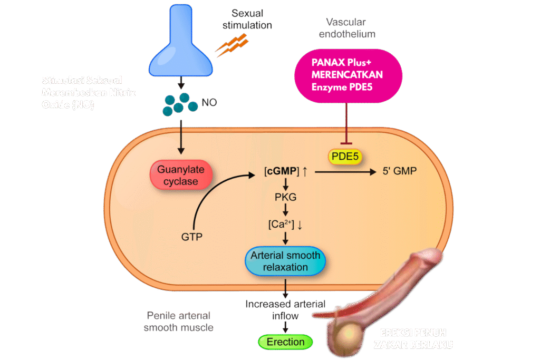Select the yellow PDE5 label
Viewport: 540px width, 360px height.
point(346,157)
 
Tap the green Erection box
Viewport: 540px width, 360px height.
point(285,342)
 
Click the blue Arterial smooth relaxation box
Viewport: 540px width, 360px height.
point(285,261)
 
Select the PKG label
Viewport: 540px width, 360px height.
point(285,198)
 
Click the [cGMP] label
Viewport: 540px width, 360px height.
point(282,171)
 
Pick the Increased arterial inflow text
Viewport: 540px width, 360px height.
point(285,310)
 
